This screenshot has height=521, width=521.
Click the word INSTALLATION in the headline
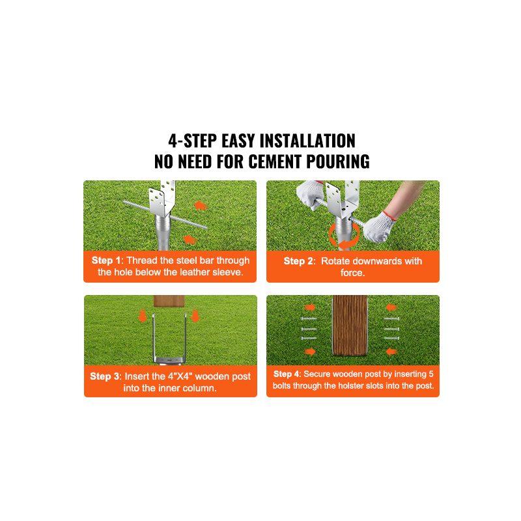[x=307, y=141]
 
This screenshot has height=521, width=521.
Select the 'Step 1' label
[x=105, y=260]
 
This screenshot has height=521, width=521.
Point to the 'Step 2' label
[x=299, y=261]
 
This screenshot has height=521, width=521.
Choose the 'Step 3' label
[x=104, y=376]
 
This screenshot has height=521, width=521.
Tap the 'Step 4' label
[x=287, y=374]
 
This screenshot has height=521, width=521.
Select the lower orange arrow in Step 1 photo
[x=188, y=240]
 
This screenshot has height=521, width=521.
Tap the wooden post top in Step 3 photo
[x=170, y=303]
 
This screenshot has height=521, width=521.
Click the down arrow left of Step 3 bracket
[x=142, y=317]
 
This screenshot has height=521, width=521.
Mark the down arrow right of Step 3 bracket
[x=196, y=317]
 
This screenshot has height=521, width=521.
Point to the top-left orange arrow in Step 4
[x=310, y=307]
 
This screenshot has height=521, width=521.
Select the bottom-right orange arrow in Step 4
[x=391, y=352]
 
